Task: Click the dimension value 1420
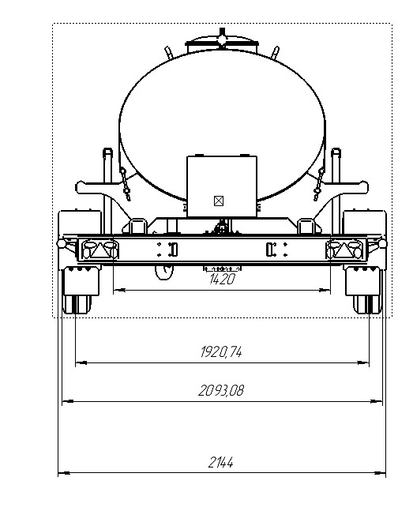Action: pos(222,279)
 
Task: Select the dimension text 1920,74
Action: pos(221,352)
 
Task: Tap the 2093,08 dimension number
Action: pos(221,390)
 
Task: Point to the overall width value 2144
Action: pos(220,463)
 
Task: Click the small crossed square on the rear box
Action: pos(218,201)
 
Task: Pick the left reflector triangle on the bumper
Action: pos(98,250)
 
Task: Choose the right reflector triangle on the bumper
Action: pos(344,250)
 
